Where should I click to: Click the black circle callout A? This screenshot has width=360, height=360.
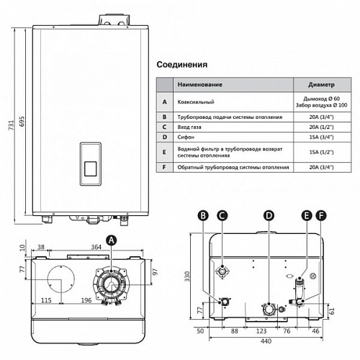(111, 240)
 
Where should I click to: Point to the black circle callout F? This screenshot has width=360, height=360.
(320, 215)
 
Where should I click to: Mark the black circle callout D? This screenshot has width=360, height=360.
(269, 215)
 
